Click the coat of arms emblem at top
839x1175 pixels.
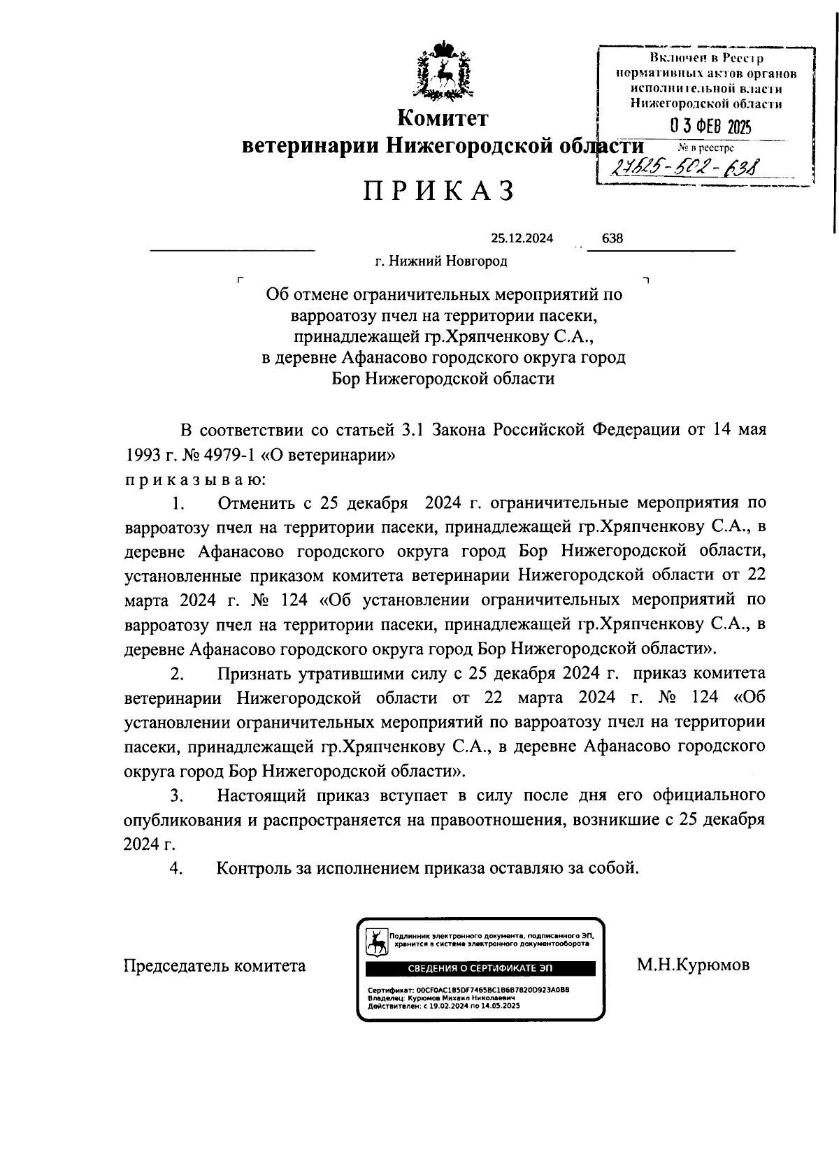click(443, 70)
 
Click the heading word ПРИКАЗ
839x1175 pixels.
click(439, 191)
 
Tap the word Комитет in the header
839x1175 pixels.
click(443, 118)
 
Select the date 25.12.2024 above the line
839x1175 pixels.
click(522, 238)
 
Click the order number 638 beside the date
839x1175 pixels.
click(612, 238)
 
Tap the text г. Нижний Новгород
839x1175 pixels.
click(440, 261)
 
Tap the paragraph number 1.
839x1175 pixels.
click(178, 503)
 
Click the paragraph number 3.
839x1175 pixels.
click(178, 795)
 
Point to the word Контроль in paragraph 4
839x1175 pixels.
click(260, 868)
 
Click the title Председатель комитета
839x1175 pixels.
click(215, 966)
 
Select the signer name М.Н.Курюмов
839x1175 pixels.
click(693, 965)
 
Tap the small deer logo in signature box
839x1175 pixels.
click(377, 942)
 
